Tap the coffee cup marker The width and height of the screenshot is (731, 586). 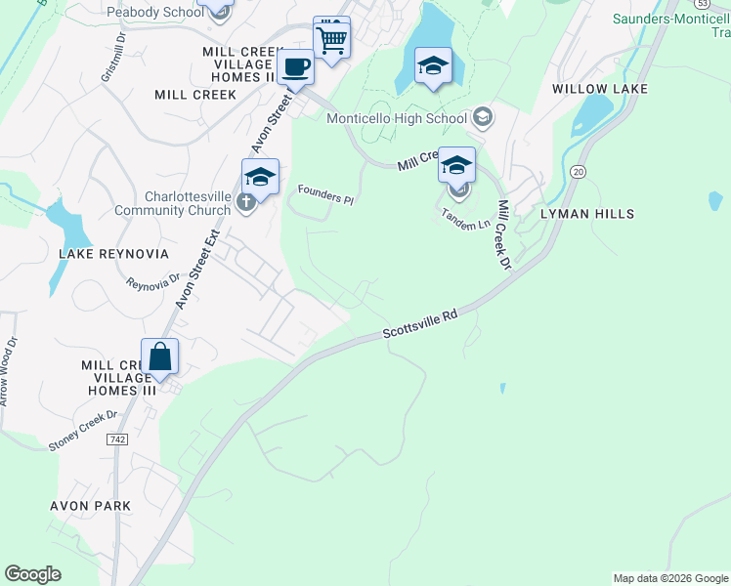click(295, 67)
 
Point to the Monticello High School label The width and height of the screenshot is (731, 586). click(396, 119)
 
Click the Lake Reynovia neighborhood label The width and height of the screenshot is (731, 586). click(113, 254)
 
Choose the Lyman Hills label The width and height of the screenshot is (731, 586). click(587, 214)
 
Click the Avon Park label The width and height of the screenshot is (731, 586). click(90, 506)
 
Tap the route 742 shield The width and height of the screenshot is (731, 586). click(117, 440)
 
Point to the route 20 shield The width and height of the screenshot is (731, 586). click(579, 171)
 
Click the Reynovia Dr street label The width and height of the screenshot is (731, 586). click(153, 282)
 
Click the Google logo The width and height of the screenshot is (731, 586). click(33, 574)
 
